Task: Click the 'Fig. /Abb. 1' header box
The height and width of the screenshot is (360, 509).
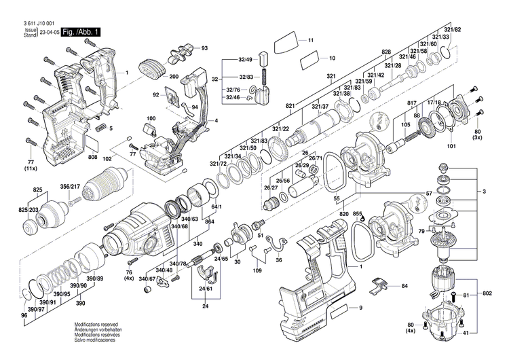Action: tap(81, 32)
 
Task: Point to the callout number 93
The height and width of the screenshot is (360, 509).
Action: tap(204, 48)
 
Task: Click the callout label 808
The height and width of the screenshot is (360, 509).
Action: tap(92, 157)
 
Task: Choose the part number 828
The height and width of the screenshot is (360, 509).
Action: tap(386, 52)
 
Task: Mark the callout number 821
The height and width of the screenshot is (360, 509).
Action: tap(290, 106)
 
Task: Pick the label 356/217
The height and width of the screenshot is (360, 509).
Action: tap(70, 187)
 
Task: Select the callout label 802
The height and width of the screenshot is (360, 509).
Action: tap(487, 293)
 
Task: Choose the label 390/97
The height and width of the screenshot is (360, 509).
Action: tap(46, 310)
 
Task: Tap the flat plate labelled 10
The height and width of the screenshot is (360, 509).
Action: tap(305, 58)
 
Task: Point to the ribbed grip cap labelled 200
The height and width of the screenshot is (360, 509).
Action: tap(151, 69)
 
